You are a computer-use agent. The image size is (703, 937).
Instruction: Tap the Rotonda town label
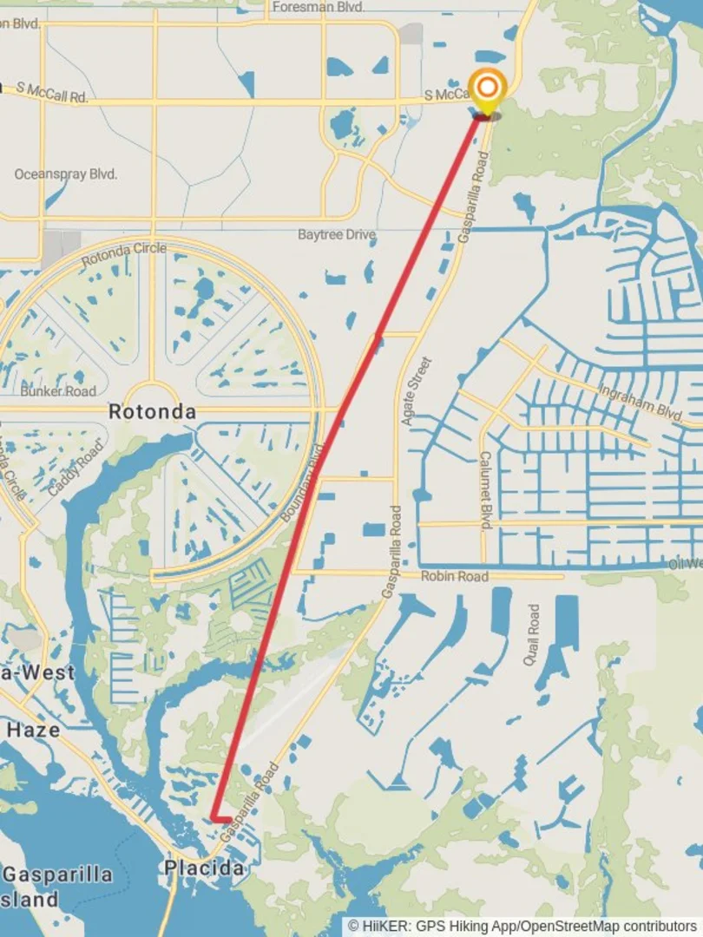[152, 412]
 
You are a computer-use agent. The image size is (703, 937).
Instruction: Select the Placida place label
[203, 868]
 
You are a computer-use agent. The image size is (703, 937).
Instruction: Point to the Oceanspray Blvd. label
[65, 174]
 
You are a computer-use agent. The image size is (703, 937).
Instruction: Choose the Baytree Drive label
[337, 234]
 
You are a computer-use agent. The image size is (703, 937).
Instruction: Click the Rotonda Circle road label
[124, 254]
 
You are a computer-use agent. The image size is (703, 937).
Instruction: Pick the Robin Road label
[454, 576]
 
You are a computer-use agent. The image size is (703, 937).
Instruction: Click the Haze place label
[34, 730]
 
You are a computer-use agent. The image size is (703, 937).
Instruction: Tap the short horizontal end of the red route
[222, 819]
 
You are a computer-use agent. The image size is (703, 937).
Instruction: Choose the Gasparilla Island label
[56, 885]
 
